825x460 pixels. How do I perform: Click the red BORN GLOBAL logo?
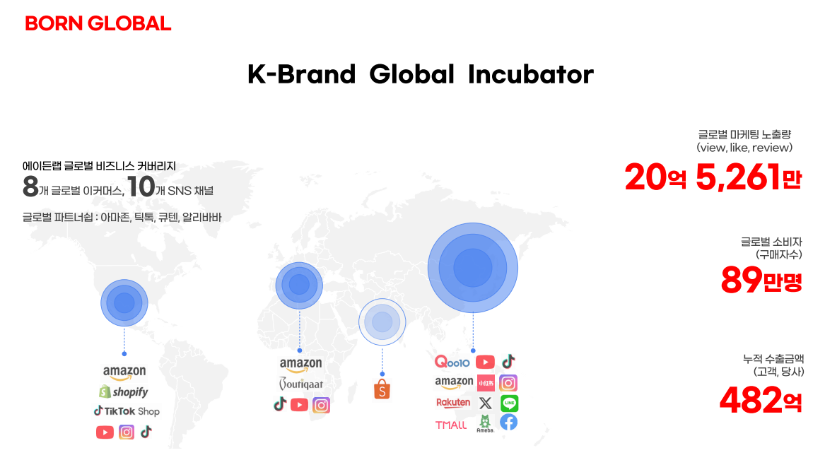coord(98,23)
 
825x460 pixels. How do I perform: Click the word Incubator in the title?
coord(530,74)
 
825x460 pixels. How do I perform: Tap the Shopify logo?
coord(124,391)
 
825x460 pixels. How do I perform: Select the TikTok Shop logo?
coord(127,411)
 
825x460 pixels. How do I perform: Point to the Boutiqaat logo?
coord(300,384)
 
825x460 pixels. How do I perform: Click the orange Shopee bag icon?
coord(382,389)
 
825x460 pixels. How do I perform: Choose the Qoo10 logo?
coord(452,362)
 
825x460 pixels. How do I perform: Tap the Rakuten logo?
coord(453,403)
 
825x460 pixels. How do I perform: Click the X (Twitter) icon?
coord(485,403)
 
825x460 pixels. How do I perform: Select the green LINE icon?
coord(509,403)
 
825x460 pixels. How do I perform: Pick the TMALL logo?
coord(451,425)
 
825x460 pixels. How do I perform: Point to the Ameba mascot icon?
coord(485,423)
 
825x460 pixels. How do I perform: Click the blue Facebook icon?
coord(509,422)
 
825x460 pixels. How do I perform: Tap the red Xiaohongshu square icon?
coord(486,383)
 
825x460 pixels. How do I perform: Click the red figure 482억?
coord(761,400)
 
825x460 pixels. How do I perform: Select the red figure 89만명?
coord(761,281)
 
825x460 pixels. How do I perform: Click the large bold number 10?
coord(141,187)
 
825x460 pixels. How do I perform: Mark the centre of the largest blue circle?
coord(472,268)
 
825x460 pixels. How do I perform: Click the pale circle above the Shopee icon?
coord(382,322)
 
